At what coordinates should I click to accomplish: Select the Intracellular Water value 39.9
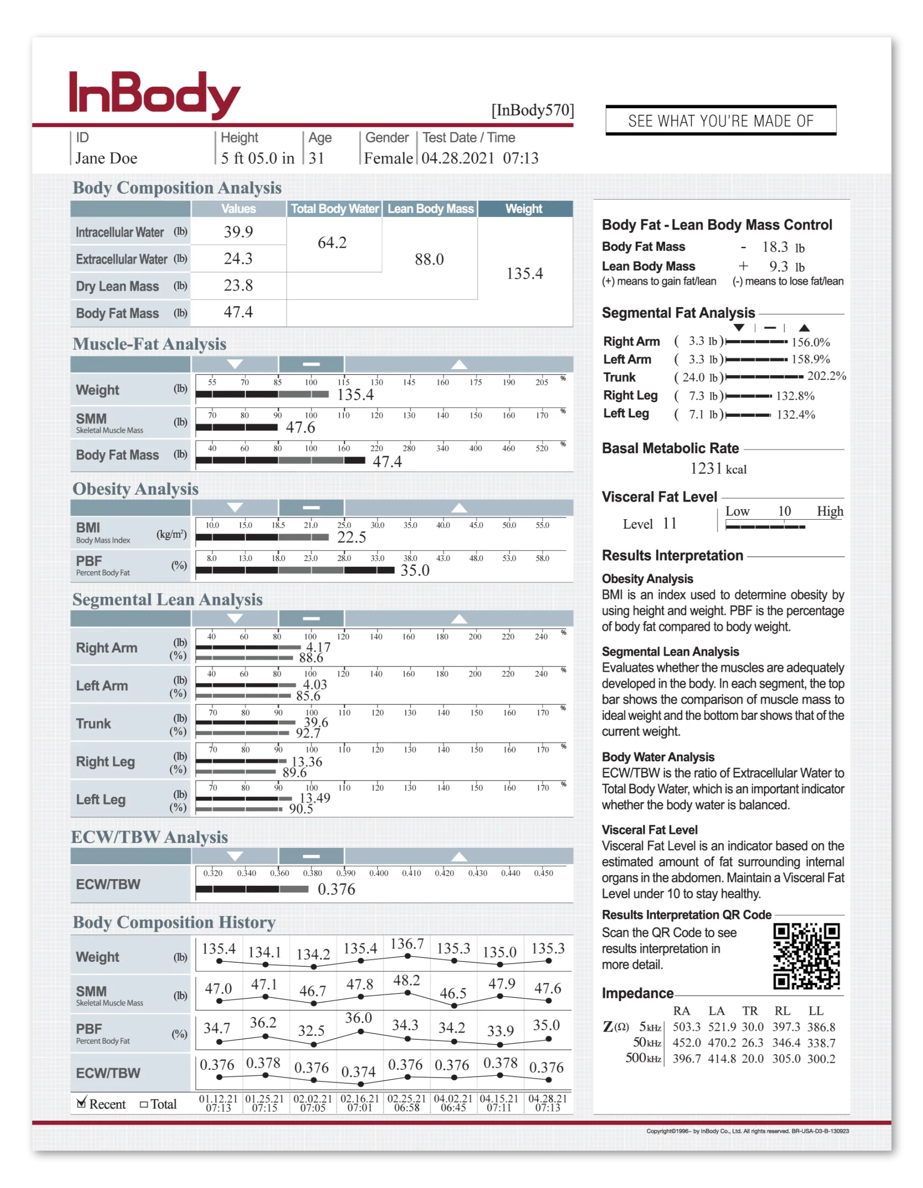pyautogui.click(x=238, y=232)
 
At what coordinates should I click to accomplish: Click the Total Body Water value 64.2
pyautogui.click(x=332, y=243)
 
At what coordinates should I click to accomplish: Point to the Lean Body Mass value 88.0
pyautogui.click(x=429, y=259)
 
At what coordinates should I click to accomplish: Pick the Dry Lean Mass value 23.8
pyautogui.click(x=238, y=286)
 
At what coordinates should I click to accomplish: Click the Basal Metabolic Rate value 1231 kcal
pyautogui.click(x=718, y=469)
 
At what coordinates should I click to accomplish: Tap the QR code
pyautogui.click(x=806, y=956)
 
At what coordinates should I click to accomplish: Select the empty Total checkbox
pyautogui.click(x=144, y=1104)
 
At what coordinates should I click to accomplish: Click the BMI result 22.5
pyautogui.click(x=352, y=537)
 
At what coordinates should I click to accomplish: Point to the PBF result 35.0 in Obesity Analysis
pyautogui.click(x=415, y=571)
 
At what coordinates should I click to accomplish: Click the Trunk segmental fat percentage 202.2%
pyautogui.click(x=826, y=376)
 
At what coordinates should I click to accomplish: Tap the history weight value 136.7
pyautogui.click(x=407, y=944)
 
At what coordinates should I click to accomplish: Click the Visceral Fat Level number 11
pyautogui.click(x=669, y=524)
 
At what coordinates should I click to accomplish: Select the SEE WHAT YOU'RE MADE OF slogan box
pyautogui.click(x=720, y=121)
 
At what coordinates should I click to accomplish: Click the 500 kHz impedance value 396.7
pyautogui.click(x=686, y=1059)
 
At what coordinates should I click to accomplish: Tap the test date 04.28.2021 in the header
pyautogui.click(x=458, y=158)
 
